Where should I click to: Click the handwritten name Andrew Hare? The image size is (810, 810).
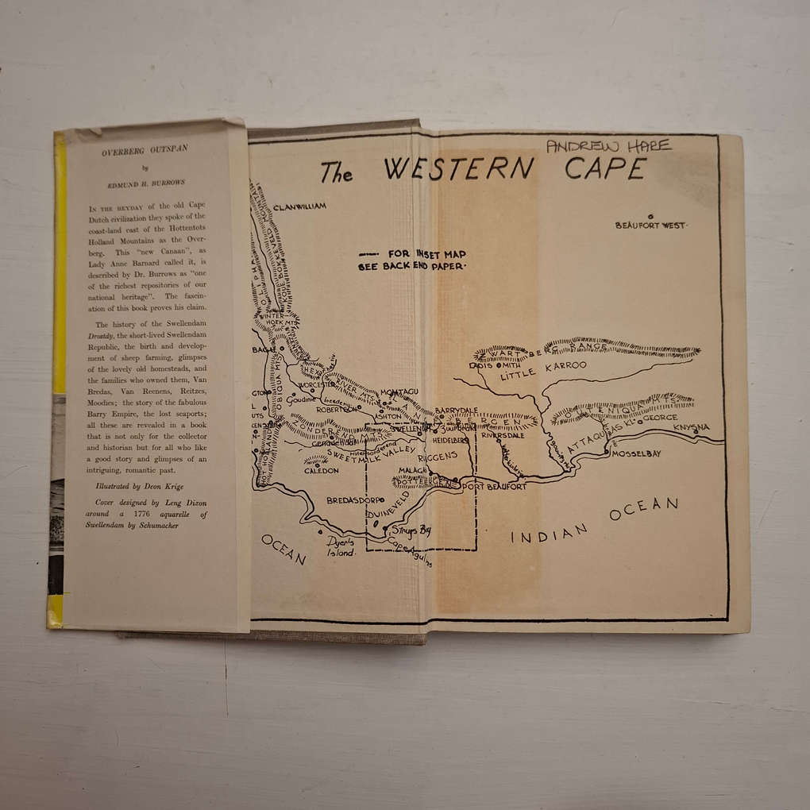click(x=609, y=145)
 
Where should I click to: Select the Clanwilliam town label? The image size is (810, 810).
click(x=299, y=206)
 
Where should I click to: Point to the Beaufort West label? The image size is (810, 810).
click(x=650, y=226)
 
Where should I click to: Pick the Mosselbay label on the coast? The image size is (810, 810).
click(x=635, y=453)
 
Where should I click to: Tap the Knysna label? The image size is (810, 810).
click(x=690, y=427)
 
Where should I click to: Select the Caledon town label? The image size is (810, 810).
click(x=321, y=470)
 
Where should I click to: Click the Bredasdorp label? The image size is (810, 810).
click(x=355, y=500)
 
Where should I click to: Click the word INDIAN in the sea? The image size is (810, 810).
click(x=548, y=534)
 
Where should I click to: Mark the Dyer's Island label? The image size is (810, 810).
click(x=341, y=546)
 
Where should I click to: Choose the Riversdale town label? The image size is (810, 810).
click(x=503, y=435)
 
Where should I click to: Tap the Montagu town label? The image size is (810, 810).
click(x=399, y=392)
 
